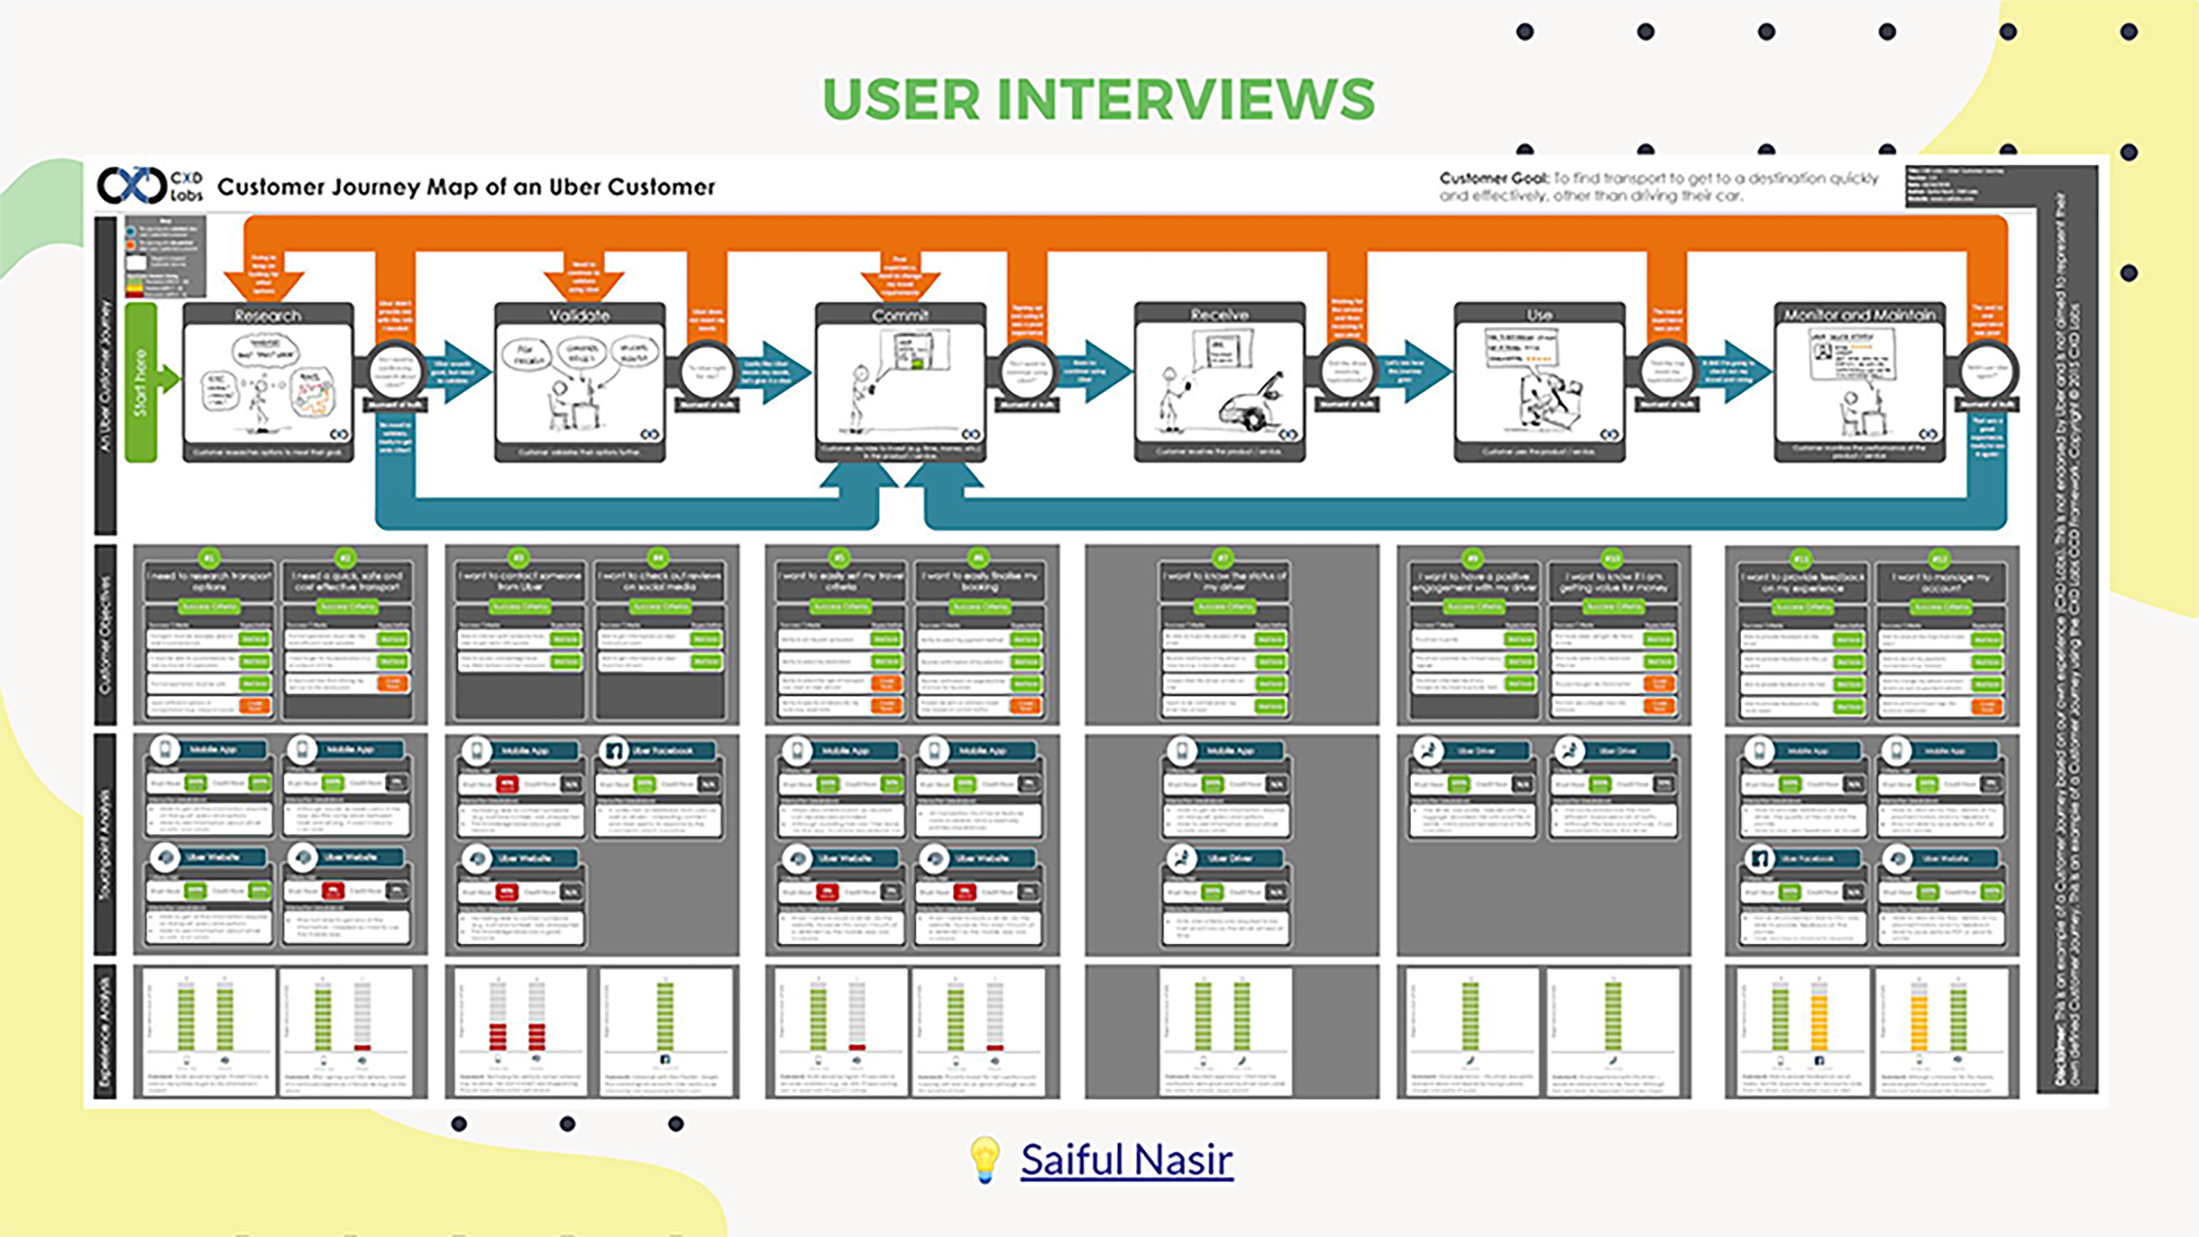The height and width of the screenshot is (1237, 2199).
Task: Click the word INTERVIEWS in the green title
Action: [x=1186, y=99]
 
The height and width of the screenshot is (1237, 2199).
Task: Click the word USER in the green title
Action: [x=902, y=99]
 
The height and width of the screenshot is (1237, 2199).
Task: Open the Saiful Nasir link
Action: [x=1126, y=1159]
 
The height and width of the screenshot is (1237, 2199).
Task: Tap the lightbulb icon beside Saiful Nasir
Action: [x=984, y=1159]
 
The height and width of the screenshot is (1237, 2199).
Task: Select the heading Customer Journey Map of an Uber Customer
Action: [x=466, y=187]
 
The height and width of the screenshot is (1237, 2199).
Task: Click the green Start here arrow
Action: [x=145, y=382]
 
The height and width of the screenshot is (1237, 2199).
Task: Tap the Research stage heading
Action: [x=268, y=315]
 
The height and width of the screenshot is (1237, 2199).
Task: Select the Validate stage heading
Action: [x=580, y=315]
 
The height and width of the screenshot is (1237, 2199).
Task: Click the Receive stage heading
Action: [x=1219, y=315]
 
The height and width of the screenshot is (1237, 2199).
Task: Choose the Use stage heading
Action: [x=1539, y=315]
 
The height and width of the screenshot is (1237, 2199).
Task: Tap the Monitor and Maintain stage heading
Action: [x=1859, y=315]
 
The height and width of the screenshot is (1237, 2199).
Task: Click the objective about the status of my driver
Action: [x=1224, y=580]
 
